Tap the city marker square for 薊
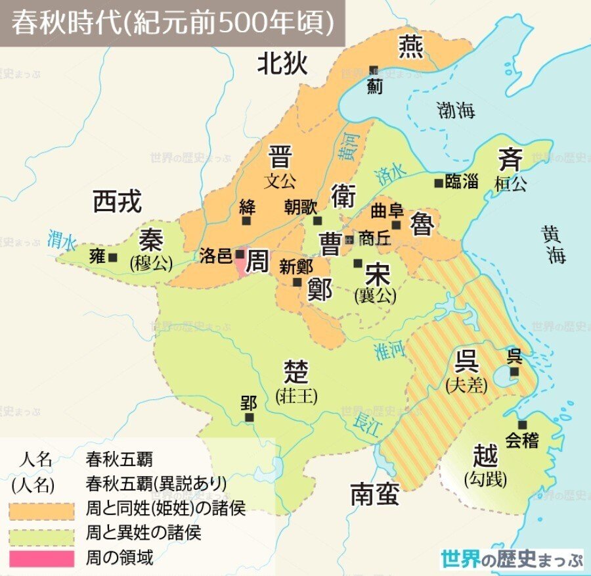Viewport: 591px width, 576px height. pyautogui.click(x=374, y=70)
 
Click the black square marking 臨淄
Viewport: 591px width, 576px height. pyautogui.click(x=439, y=183)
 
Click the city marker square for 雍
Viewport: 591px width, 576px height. pyautogui.click(x=114, y=258)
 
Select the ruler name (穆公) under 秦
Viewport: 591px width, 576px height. pyautogui.click(x=152, y=264)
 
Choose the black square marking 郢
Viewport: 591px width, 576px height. pyautogui.click(x=248, y=417)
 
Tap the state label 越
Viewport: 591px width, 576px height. pyautogui.click(x=485, y=455)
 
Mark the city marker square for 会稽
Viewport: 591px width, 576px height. pyautogui.click(x=523, y=425)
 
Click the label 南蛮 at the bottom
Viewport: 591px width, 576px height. pyautogui.click(x=374, y=494)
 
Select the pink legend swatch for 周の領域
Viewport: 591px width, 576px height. pyautogui.click(x=41, y=559)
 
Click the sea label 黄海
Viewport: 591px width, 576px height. pyautogui.click(x=554, y=243)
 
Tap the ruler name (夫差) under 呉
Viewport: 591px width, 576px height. pyautogui.click(x=466, y=385)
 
